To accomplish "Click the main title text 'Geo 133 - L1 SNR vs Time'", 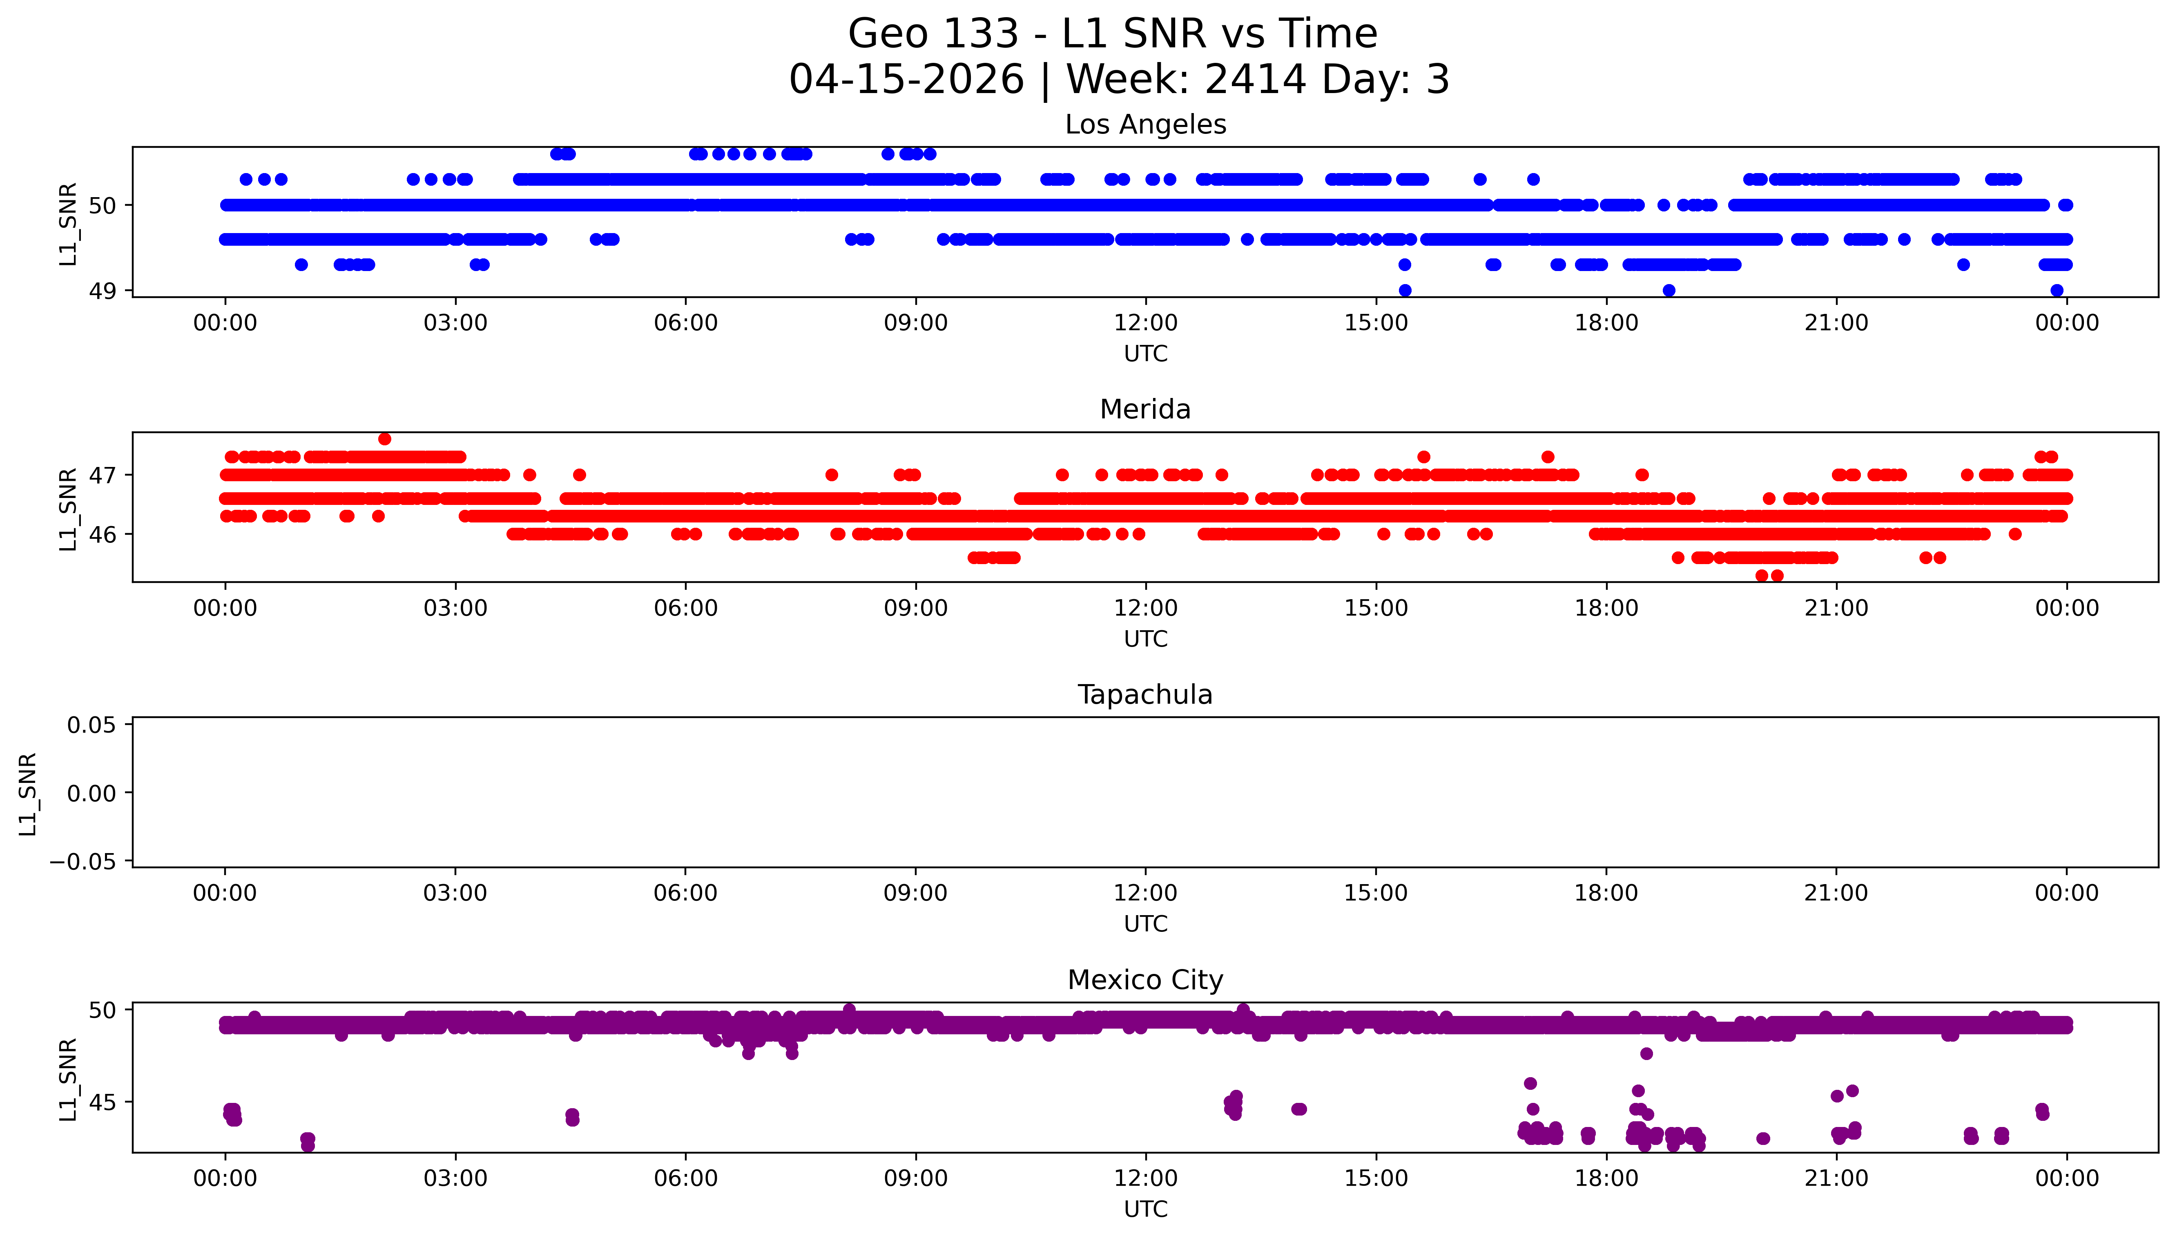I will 1113,34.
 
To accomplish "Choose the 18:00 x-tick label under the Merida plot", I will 1606,608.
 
